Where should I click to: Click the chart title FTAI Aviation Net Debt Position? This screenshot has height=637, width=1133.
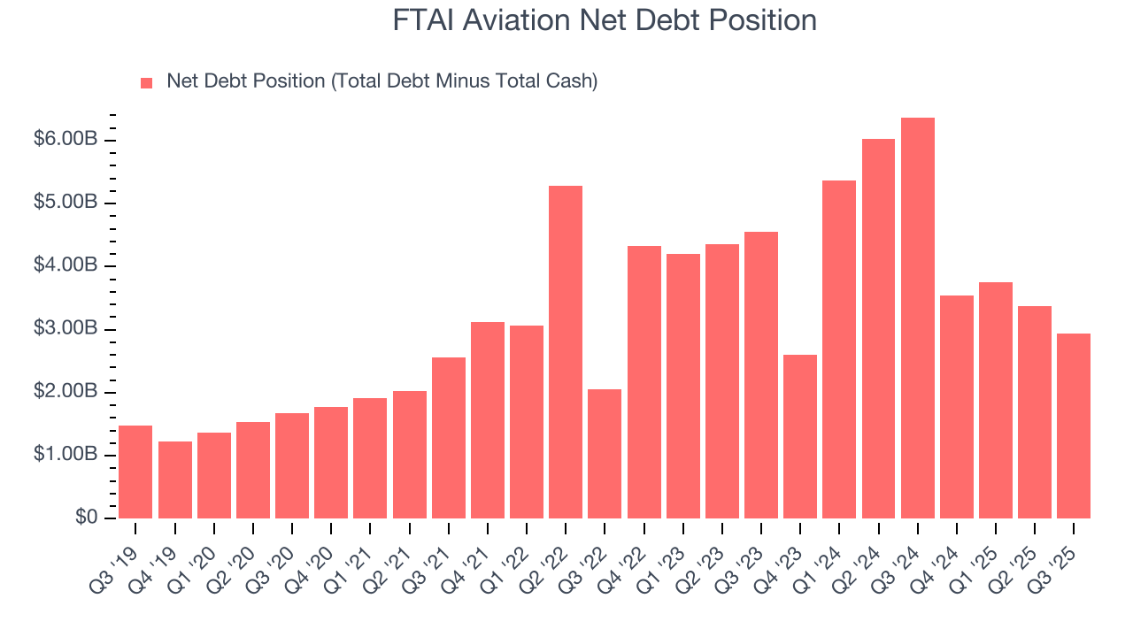(605, 20)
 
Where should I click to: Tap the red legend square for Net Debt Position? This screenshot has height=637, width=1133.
(147, 82)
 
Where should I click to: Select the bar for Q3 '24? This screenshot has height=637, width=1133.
(917, 318)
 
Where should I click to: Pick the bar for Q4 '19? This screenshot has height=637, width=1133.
(174, 479)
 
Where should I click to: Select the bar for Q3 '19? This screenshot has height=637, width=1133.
(135, 472)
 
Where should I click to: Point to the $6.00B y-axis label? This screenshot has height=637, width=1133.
(66, 140)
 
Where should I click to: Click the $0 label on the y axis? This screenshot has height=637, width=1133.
(87, 518)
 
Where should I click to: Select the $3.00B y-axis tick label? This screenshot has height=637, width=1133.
(66, 329)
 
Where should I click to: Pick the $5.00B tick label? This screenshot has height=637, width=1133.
(66, 203)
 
